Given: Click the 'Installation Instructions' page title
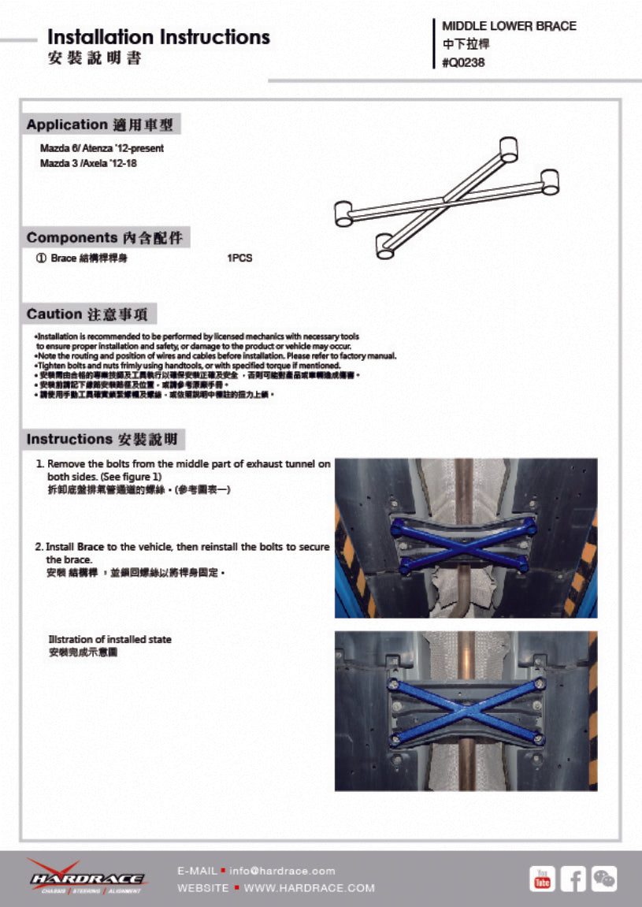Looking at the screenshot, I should (158, 37).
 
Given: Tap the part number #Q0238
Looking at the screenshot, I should (463, 63).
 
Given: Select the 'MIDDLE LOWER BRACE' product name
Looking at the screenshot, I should (509, 26).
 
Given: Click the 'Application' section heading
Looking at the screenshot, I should (67, 125).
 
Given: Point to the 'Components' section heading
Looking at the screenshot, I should (72, 238).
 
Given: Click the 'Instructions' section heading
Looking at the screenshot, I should (69, 439).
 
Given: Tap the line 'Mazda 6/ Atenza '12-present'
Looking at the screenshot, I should (102, 148).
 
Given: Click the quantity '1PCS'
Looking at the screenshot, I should (239, 258).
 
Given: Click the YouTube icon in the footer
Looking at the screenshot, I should (542, 879).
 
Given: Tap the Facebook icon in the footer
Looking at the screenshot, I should (573, 879).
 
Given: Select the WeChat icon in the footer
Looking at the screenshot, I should (604, 879).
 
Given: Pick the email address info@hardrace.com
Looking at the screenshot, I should (282, 871).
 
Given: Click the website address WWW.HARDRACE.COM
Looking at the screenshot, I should (309, 888).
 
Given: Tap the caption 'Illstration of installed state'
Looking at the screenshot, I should (109, 639).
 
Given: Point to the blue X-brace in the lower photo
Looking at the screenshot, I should (466, 709).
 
